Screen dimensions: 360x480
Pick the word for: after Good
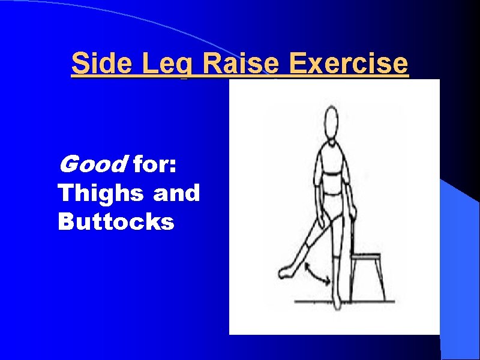click(x=155, y=163)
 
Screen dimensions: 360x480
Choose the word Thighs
click(x=101, y=193)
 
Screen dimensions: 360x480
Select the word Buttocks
click(x=116, y=222)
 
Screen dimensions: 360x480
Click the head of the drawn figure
click(x=329, y=122)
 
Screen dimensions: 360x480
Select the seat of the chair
click(x=367, y=256)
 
